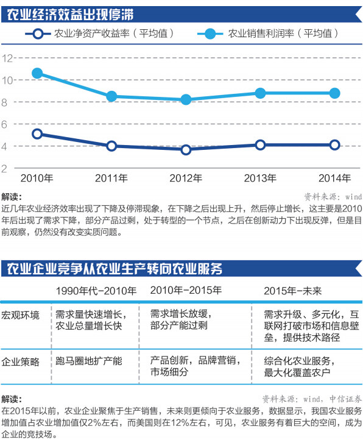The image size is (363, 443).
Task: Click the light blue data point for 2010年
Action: coord(37,74)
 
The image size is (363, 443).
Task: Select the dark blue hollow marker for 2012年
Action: coord(186,150)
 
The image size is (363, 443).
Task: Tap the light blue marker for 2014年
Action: coord(335,93)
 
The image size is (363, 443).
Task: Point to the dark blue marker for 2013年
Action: coord(260,145)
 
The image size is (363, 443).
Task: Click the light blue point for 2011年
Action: coord(111,97)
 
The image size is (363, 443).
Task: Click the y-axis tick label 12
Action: coord(7,58)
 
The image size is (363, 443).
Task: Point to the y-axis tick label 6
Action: coord(4,124)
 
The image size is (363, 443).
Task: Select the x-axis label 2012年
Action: coord(186,178)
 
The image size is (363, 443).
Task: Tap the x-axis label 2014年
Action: coord(334,178)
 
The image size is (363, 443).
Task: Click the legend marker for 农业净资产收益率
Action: coord(38,34)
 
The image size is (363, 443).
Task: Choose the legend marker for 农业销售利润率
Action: coord(210,34)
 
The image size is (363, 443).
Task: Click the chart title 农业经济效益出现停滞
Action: coord(70,15)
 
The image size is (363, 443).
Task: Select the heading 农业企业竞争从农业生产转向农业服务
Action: coord(115,269)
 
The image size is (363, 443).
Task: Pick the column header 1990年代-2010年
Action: coord(96,291)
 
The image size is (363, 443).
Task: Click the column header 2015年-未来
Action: coord(293,291)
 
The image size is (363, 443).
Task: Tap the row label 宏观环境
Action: coord(20,315)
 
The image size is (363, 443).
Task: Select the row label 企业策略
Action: coord(20,361)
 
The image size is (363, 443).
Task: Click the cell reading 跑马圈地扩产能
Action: coord(89,361)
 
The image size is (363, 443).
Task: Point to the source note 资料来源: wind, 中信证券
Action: coord(312,399)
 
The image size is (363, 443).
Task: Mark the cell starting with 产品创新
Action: coord(196,366)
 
